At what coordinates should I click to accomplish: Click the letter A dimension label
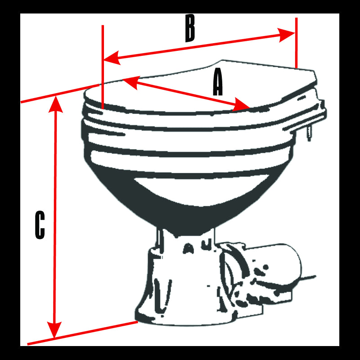(x=218, y=83)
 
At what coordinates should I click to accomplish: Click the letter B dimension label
(x=190, y=28)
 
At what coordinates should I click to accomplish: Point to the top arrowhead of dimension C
(x=55, y=104)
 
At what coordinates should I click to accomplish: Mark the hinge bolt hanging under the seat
(x=309, y=133)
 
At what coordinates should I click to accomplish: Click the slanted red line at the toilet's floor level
(x=81, y=333)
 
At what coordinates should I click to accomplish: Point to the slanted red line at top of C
(x=58, y=93)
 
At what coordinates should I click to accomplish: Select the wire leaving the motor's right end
(x=308, y=278)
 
